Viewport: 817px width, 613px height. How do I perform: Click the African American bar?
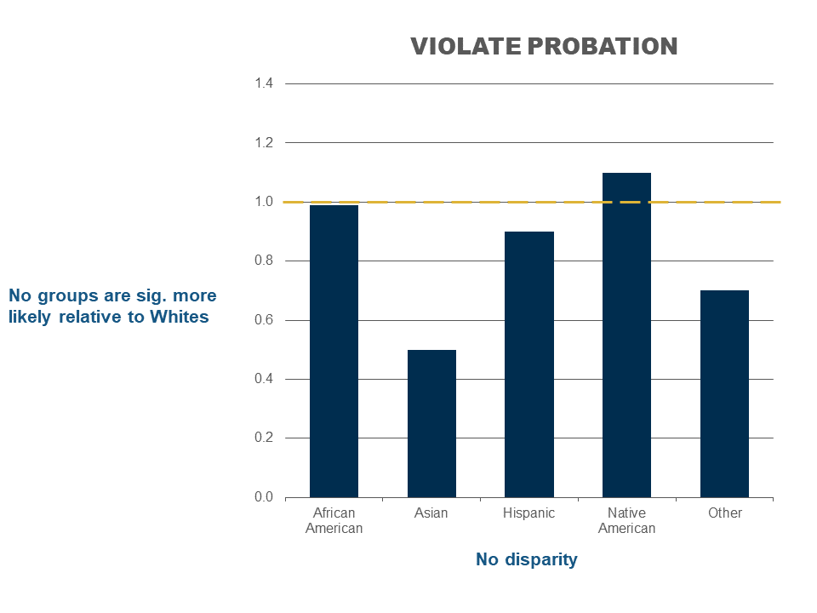tap(334, 352)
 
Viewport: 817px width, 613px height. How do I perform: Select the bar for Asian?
tap(431, 424)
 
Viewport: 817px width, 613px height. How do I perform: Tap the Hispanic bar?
tap(529, 364)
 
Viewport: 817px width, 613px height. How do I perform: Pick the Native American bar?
tap(627, 335)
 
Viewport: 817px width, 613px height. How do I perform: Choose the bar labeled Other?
tap(724, 394)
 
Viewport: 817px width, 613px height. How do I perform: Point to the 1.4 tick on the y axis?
tap(264, 83)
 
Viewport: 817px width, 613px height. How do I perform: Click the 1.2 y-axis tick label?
tap(264, 143)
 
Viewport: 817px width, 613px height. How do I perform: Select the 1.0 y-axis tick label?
tap(264, 202)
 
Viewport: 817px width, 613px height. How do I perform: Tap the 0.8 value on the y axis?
tap(264, 261)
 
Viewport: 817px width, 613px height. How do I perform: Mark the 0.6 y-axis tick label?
tap(264, 320)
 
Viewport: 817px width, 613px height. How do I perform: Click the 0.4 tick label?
tap(264, 379)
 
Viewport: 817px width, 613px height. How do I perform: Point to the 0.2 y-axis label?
tap(264, 438)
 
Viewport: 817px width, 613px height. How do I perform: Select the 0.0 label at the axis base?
tap(264, 497)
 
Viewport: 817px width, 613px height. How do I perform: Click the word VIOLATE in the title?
tap(466, 46)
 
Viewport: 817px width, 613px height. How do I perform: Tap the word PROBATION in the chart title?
tap(603, 46)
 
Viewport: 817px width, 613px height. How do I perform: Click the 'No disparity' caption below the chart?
tap(526, 560)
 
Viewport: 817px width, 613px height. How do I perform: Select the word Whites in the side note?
tap(180, 317)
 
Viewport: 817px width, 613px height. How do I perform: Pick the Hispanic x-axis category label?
tap(528, 513)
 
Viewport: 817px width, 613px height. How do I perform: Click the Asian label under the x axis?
tap(431, 513)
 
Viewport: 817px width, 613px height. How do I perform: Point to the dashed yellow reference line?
tap(531, 202)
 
